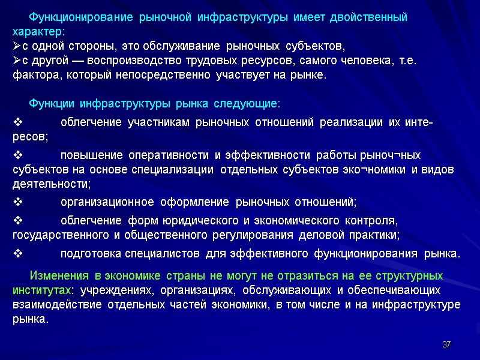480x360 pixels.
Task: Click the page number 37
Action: (x=446, y=344)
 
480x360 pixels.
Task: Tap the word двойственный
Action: (x=371, y=17)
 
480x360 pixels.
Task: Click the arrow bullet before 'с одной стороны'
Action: (x=17, y=46)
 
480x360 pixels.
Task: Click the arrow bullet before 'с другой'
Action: (x=17, y=61)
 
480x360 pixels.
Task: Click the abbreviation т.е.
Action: (x=407, y=61)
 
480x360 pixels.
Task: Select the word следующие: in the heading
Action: (x=251, y=104)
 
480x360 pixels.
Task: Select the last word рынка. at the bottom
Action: (x=29, y=320)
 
